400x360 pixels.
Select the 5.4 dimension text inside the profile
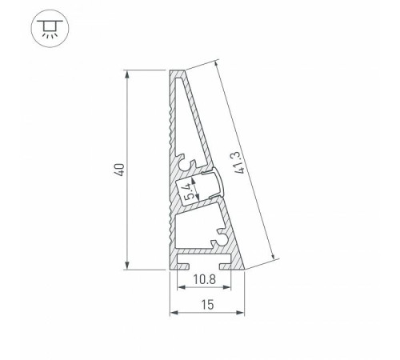187,191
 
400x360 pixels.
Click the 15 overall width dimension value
206,305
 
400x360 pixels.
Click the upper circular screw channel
191,164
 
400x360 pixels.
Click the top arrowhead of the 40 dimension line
128,74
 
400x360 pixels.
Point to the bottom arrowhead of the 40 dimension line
128,267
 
